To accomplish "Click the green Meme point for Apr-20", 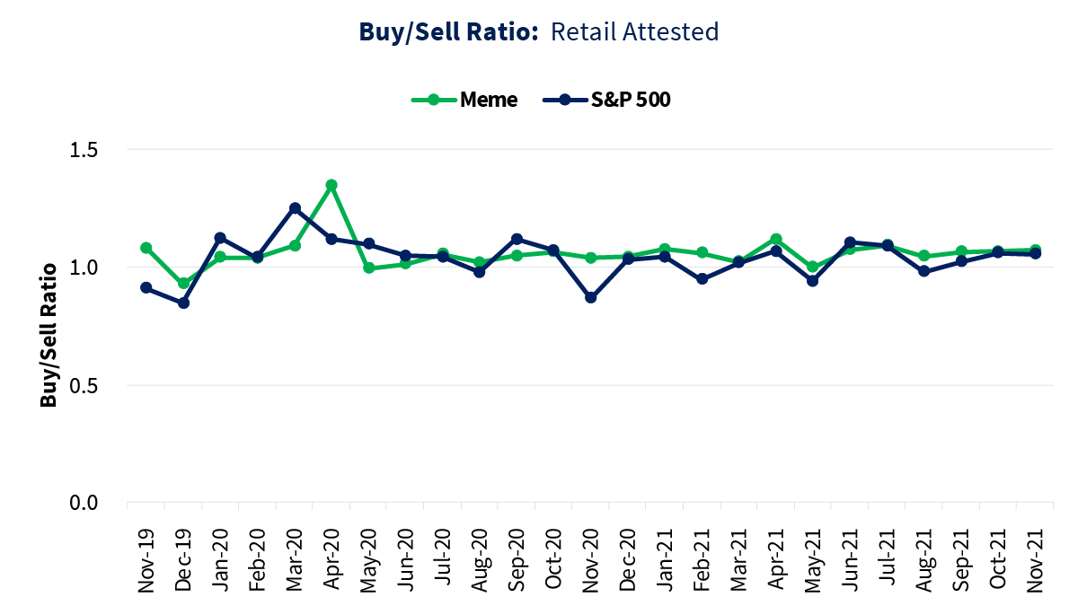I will tap(331, 185).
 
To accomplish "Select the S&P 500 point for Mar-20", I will tap(295, 208).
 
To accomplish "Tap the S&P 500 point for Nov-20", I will tap(590, 297).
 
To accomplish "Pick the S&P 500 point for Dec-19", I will tap(183, 303).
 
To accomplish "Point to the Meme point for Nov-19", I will tap(146, 248).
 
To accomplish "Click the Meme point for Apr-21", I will tap(775, 240).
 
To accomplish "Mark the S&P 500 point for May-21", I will tap(812, 281).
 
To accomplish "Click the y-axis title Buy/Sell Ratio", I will tap(49, 333).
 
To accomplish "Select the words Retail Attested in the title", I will tap(634, 32).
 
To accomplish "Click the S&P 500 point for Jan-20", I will tap(220, 238).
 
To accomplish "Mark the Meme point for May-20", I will tap(368, 268).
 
